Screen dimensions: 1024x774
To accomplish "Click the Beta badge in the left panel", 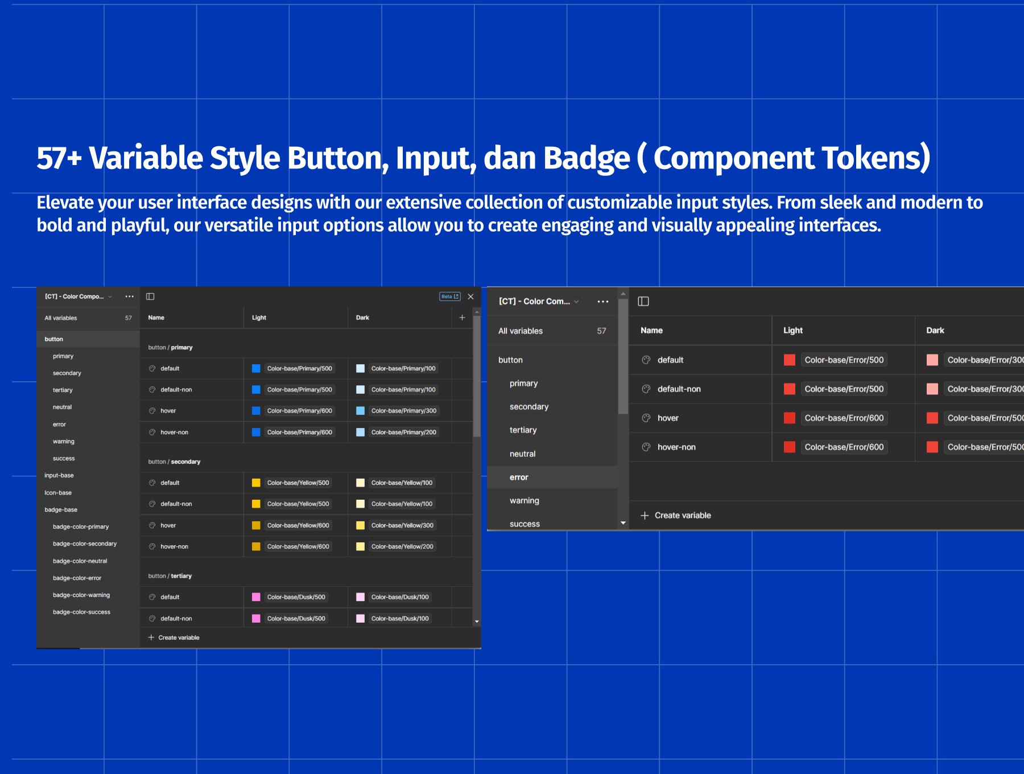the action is coord(450,297).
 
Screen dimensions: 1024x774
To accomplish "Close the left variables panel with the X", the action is coord(470,297).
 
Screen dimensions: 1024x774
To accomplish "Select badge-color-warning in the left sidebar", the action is coord(81,595).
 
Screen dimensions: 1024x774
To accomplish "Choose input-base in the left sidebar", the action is coord(59,475).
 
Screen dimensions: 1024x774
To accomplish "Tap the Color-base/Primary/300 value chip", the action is coord(404,410).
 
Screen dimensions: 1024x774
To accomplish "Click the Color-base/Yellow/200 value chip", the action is coord(402,546).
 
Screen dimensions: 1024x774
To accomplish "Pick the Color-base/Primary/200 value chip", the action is coord(404,432).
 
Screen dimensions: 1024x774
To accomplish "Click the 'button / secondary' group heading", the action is coord(174,462).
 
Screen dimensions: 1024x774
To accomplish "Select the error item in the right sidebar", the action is coord(519,477).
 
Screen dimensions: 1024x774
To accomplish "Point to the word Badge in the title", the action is coord(587,158).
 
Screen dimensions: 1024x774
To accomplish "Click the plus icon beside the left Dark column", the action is coord(462,318).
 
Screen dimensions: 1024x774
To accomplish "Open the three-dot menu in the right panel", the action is coord(603,302).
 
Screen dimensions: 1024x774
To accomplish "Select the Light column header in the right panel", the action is coord(792,330).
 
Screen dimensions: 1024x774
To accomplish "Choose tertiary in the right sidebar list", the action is coord(523,430).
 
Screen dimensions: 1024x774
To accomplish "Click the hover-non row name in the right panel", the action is coord(676,447).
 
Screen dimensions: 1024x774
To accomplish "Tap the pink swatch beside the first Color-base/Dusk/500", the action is coord(256,597).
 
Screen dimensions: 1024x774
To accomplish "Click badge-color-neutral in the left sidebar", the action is coord(80,561).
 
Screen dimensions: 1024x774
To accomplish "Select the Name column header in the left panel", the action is coord(156,318).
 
